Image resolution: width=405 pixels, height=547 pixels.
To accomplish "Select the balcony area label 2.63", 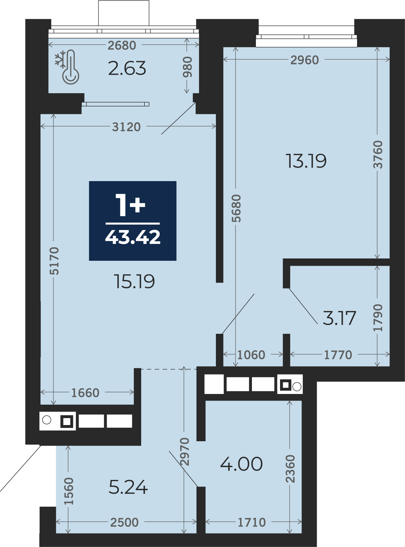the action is click(127, 68).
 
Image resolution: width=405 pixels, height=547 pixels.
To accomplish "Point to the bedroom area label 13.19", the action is click(306, 161).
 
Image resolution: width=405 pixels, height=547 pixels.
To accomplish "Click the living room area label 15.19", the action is click(135, 282).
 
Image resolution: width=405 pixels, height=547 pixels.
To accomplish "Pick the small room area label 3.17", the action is click(339, 318).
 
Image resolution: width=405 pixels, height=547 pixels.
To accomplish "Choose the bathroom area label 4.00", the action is click(241, 464).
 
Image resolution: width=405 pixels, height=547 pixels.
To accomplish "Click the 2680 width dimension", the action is click(122, 45).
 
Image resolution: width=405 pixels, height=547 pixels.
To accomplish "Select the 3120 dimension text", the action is click(126, 127).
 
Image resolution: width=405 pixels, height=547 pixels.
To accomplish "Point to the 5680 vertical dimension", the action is click(236, 209).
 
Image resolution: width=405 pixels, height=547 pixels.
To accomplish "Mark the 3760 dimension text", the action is click(378, 155).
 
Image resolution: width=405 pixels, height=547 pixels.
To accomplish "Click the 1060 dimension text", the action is click(251, 355).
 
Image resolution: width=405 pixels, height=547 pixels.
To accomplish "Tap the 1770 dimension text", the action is click(338, 355).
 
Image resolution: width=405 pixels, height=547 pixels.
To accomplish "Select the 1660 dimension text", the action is click(85, 393).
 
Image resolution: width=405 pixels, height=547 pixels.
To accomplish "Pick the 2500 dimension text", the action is click(124, 522).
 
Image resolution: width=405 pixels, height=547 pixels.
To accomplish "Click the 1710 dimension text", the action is click(252, 522).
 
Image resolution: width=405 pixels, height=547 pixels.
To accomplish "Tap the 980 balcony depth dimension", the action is click(187, 67).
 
